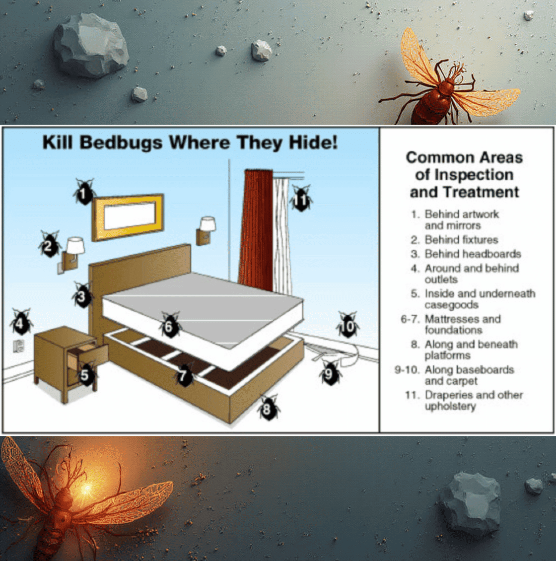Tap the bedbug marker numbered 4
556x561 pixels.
[x=21, y=322]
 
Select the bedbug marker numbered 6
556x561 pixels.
[x=170, y=325]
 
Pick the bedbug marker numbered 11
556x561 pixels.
[x=301, y=198]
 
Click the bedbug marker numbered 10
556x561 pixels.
[x=347, y=325]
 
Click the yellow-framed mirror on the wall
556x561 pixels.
[x=128, y=217]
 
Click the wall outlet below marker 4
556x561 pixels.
[x=18, y=346]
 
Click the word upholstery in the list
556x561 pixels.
[x=450, y=407]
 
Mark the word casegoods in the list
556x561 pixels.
[x=452, y=305]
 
